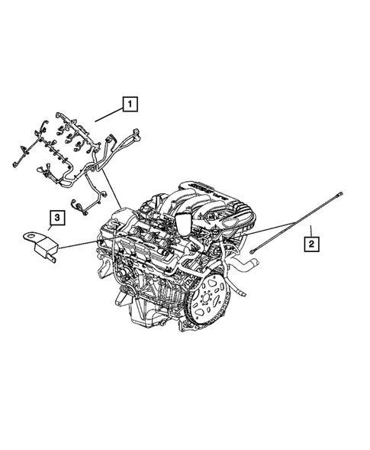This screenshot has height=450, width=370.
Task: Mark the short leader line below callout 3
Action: coord(53,231)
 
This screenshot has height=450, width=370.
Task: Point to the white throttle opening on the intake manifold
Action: coord(183,222)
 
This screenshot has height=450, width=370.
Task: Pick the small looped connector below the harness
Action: coord(78,204)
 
